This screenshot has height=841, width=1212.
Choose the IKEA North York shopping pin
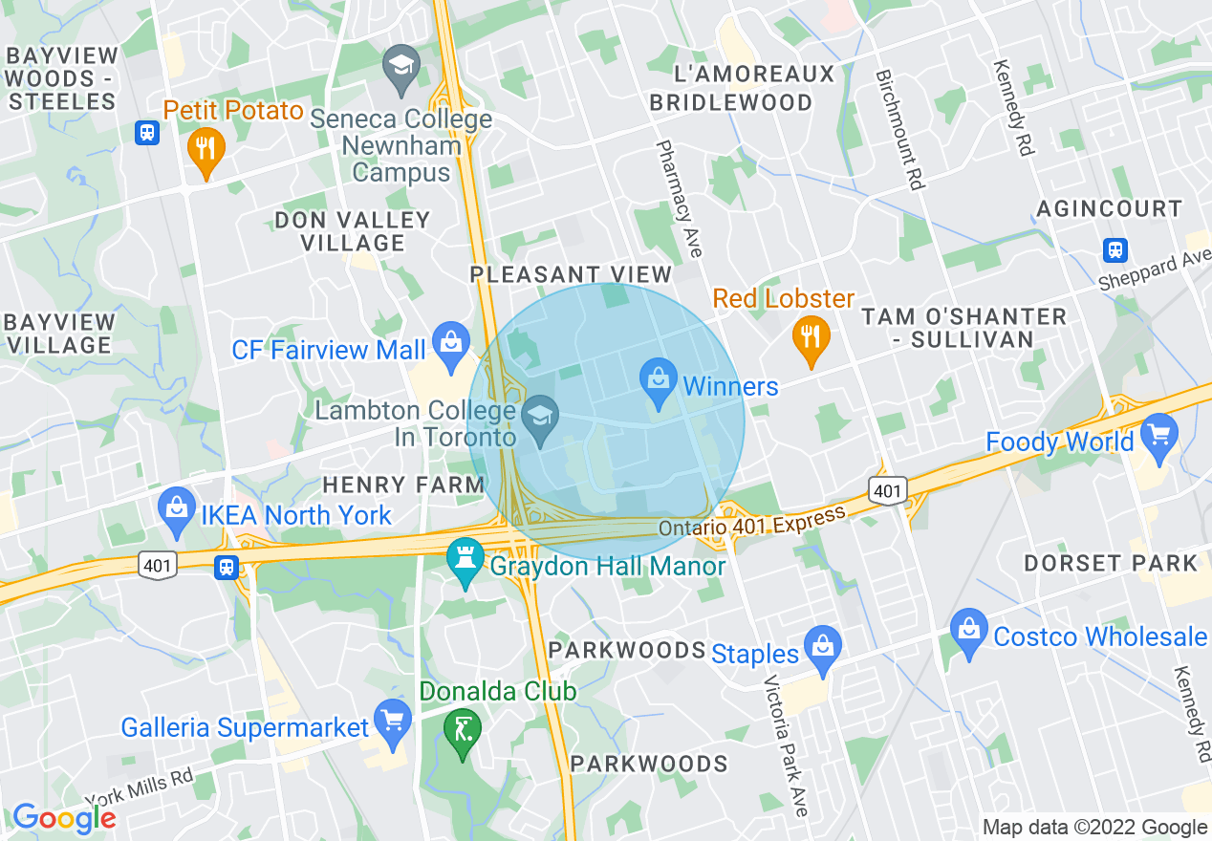[177, 507]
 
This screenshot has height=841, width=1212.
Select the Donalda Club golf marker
[463, 731]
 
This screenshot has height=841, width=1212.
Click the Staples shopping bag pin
[822, 647]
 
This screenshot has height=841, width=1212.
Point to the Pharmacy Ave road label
[680, 199]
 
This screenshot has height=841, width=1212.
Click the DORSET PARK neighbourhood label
[1110, 563]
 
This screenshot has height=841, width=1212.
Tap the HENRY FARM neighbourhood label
[403, 485]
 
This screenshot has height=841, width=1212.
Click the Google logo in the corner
[63, 818]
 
